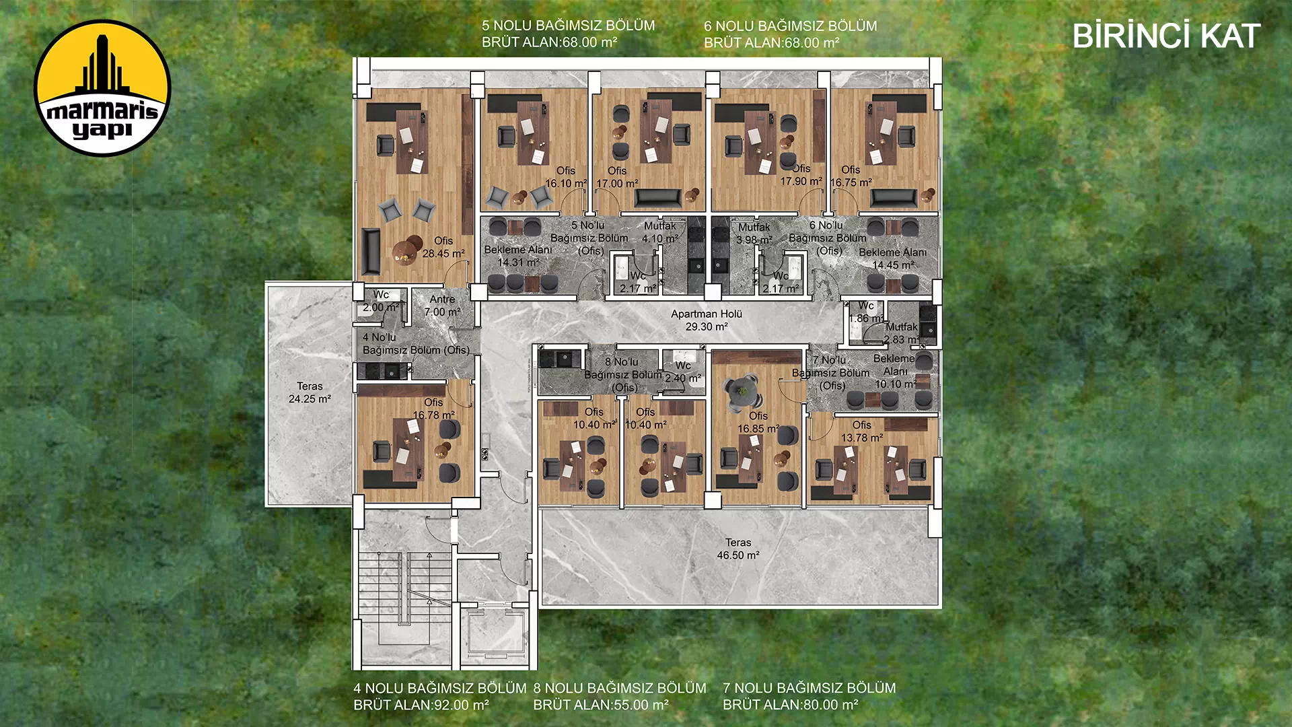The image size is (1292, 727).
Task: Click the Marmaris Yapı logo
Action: point(102,88)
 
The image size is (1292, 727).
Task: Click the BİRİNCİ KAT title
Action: point(1165,36)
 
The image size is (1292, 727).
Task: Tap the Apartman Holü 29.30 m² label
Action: point(707,320)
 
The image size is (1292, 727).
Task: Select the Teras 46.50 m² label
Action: point(738,549)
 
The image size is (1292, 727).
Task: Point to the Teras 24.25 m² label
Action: point(310,392)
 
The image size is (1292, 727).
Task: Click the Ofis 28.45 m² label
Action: point(443,247)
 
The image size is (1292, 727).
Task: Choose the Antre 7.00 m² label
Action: point(442,306)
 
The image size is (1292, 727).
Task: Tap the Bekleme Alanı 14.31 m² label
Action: point(518,256)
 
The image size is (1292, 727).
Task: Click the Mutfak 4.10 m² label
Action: point(660,232)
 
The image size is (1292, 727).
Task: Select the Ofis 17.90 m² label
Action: point(801,175)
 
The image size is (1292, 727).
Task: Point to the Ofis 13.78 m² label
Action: point(862,431)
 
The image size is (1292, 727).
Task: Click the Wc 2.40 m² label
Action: point(683,372)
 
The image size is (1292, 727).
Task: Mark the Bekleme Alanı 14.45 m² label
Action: point(893,258)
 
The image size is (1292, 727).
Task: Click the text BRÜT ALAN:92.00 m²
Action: point(421,705)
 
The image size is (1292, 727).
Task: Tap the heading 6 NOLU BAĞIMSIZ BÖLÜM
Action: point(791,26)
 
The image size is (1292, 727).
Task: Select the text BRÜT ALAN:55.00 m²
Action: point(601,705)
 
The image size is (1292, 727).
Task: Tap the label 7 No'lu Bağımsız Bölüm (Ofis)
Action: point(831,373)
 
